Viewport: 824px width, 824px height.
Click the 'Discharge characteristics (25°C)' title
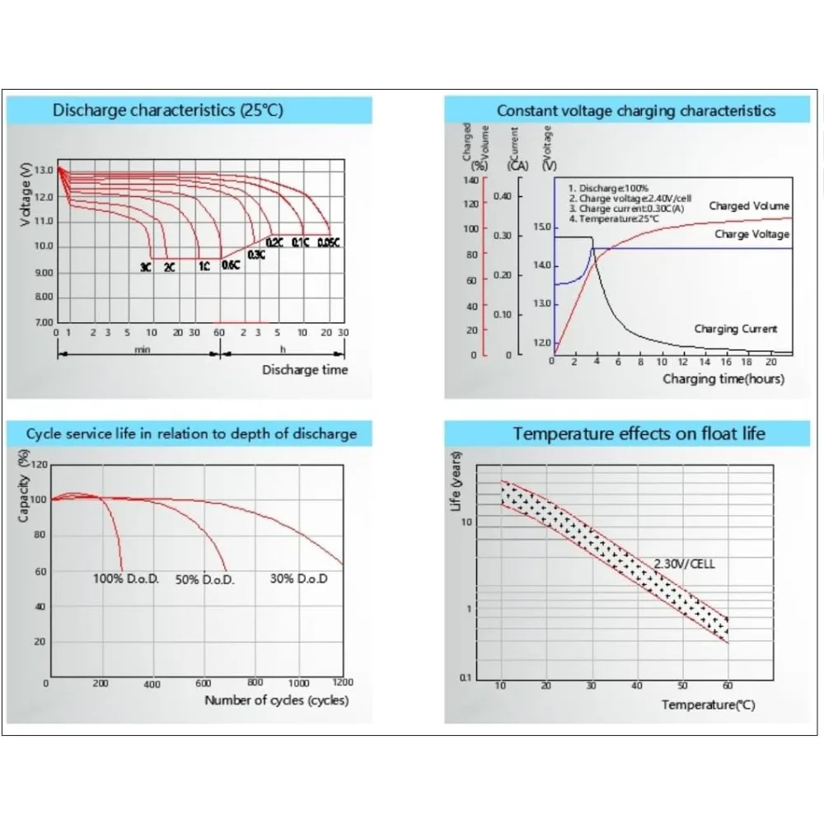pyautogui.click(x=167, y=110)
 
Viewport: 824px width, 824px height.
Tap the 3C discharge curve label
pyautogui.click(x=145, y=268)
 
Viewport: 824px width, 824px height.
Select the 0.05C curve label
pyautogui.click(x=329, y=242)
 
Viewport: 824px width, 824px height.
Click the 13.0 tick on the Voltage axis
pyautogui.click(x=44, y=170)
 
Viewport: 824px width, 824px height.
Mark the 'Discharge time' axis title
pyautogui.click(x=305, y=370)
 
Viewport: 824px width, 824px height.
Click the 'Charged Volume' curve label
pyautogui.click(x=749, y=206)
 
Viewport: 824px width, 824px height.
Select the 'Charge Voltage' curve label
pyautogui.click(x=752, y=235)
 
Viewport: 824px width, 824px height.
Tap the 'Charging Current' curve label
pyautogui.click(x=735, y=329)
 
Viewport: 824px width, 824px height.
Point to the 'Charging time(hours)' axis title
pyautogui.click(x=723, y=379)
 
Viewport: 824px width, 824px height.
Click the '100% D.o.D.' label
pyautogui.click(x=124, y=578)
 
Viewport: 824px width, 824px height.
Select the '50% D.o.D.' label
pyautogui.click(x=205, y=580)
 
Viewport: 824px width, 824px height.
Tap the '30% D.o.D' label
pyautogui.click(x=298, y=578)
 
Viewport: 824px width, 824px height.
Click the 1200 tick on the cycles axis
pyautogui.click(x=342, y=682)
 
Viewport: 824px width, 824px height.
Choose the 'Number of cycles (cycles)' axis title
pyautogui.click(x=276, y=700)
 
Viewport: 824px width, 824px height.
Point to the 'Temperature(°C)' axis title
pyautogui.click(x=708, y=705)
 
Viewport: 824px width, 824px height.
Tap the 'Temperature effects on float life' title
pyautogui.click(x=639, y=433)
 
